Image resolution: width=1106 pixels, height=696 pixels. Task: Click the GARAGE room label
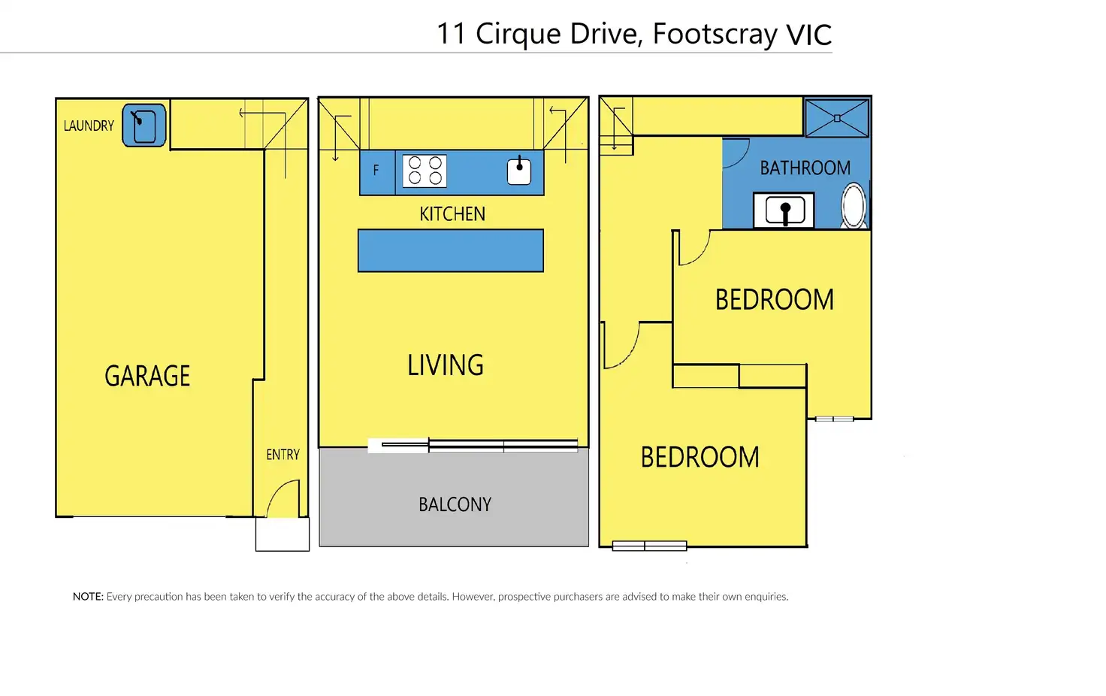click(x=147, y=375)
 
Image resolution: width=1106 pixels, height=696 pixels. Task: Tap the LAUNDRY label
click(x=89, y=126)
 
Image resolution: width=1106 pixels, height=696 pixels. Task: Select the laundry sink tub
click(x=144, y=126)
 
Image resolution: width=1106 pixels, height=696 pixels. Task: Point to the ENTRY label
click(x=283, y=455)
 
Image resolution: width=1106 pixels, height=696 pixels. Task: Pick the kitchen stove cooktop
click(x=425, y=171)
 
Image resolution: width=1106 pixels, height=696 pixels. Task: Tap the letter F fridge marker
click(x=376, y=171)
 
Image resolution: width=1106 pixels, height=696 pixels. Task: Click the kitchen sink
click(x=519, y=171)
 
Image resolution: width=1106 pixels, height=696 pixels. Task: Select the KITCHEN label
click(x=452, y=214)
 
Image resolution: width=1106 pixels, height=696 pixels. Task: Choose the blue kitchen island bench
click(x=451, y=250)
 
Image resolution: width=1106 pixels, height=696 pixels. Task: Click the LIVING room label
click(x=446, y=365)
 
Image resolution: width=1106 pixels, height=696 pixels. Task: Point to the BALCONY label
click(x=455, y=504)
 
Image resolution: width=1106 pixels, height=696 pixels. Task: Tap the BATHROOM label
click(x=805, y=168)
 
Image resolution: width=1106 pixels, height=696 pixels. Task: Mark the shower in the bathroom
click(x=837, y=118)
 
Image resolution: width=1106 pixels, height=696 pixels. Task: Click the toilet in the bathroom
click(x=854, y=205)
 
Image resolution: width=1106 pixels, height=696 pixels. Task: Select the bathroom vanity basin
click(x=784, y=210)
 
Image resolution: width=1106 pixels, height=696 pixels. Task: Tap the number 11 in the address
click(x=452, y=34)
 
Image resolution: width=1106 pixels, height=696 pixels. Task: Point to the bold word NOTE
click(x=88, y=596)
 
